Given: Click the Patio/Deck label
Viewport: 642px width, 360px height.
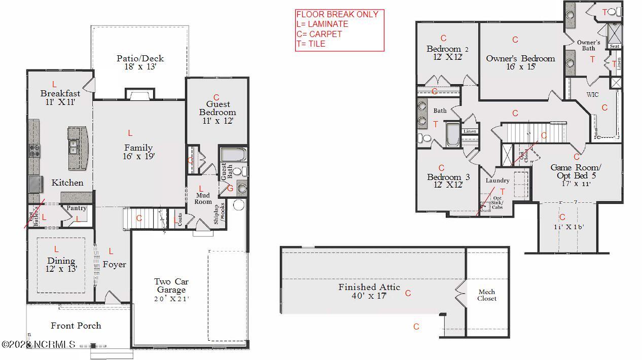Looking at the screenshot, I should point(140,58).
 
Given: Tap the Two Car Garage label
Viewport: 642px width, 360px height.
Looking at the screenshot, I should point(171,285).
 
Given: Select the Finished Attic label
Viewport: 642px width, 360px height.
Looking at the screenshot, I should point(369,287).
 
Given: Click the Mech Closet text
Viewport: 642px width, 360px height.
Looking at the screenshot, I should point(487,295).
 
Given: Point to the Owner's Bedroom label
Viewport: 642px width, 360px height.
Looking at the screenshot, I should point(520,58).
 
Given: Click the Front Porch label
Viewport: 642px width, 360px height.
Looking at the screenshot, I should point(76,326).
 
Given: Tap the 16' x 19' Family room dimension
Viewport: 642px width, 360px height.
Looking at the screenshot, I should point(138,157).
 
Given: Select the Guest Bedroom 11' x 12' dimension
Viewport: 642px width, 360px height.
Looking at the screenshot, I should point(218,121).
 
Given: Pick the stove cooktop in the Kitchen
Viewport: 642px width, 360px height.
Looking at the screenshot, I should point(34,150).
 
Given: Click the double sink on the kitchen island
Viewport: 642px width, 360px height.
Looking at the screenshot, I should point(74,147).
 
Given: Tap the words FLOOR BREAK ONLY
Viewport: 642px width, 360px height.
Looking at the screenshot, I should point(337,14).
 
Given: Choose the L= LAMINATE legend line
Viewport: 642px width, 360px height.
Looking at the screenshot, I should point(322,24).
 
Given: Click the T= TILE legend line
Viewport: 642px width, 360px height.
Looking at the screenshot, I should point(311,44).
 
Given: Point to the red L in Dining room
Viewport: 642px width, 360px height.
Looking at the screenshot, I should point(56,249).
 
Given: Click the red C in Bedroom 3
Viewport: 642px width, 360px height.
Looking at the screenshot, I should point(441,168).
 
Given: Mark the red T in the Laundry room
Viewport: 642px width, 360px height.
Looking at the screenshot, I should point(503,191).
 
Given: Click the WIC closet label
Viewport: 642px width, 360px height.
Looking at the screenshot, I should point(592,95).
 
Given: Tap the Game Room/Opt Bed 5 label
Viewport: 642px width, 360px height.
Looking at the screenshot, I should point(576,171).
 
